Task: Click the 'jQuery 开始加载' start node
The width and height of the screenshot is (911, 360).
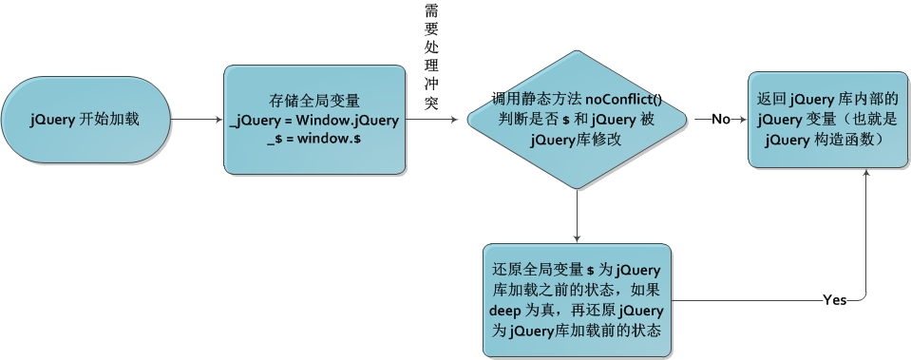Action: (x=86, y=120)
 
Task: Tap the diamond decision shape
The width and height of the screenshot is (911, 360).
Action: (x=577, y=120)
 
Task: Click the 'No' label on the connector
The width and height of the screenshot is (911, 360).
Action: (x=721, y=120)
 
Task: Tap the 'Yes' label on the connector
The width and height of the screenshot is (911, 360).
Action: (x=835, y=300)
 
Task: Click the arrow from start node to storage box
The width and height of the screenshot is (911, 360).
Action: (x=195, y=120)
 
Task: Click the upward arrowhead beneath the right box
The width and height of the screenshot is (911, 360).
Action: (x=866, y=178)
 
